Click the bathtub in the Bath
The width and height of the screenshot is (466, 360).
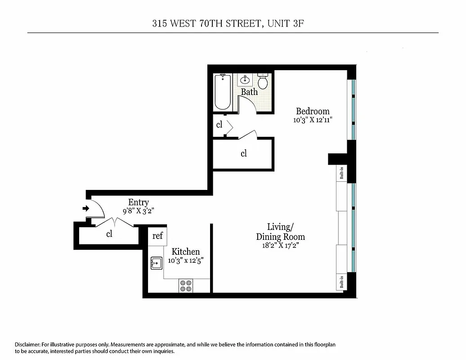click(223, 92)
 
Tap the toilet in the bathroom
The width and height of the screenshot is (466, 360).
click(263, 81)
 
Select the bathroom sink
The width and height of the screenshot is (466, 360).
click(246, 80)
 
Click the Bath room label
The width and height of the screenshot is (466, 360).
click(249, 92)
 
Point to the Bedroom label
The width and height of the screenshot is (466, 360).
click(313, 111)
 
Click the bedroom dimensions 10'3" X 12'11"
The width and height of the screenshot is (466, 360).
click(313, 120)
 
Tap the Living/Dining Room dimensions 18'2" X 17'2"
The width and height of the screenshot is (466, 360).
click(280, 246)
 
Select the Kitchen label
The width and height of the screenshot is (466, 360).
click(186, 252)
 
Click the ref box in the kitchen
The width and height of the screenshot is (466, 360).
click(157, 236)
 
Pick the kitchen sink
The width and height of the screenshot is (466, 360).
click(156, 263)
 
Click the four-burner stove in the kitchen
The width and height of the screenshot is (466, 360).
click(186, 285)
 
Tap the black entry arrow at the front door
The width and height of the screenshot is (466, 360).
click(86, 208)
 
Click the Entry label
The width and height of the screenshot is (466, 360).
click(138, 202)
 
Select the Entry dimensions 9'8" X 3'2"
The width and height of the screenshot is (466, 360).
click(138, 211)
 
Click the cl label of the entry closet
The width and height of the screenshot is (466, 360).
click(109, 234)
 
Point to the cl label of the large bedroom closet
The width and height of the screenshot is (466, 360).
click(243, 153)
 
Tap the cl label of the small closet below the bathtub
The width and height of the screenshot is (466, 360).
click(219, 125)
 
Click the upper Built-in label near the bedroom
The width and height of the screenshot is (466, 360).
click(342, 174)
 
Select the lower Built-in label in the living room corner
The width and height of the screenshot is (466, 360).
click(342, 282)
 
